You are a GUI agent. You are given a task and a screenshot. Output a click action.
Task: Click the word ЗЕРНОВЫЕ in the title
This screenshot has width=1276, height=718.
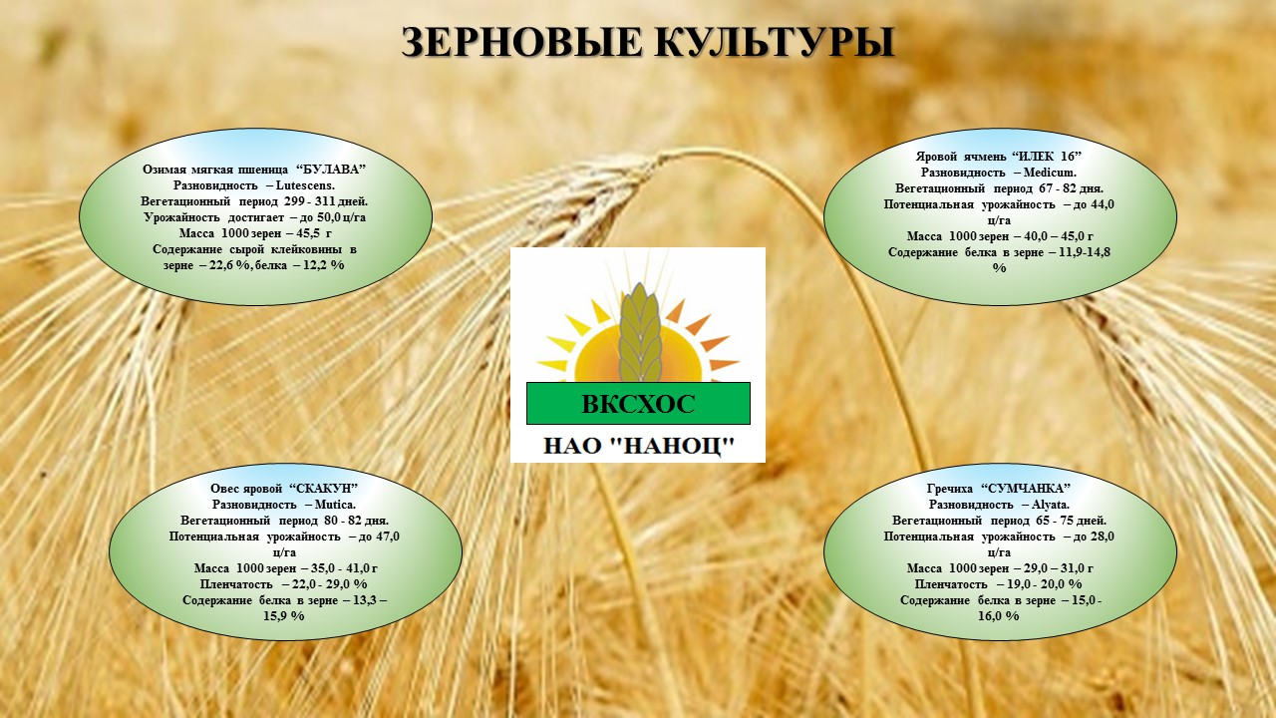click(x=521, y=42)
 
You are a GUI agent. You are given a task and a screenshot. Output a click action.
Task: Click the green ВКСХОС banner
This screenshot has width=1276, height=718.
click(x=638, y=404)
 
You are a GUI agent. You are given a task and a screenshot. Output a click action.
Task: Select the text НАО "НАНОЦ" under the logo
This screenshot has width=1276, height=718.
click(x=639, y=446)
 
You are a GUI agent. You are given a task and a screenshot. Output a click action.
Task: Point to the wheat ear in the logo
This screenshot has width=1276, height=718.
click(x=640, y=333)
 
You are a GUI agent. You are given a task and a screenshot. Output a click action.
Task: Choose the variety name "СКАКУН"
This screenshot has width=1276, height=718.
click(x=324, y=489)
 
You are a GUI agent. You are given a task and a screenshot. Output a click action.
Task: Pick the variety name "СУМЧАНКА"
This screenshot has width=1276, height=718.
click(x=1026, y=489)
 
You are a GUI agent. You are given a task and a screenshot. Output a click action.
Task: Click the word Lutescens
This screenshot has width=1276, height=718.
click(x=305, y=185)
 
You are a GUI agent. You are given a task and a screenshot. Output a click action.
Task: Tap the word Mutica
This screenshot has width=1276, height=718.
click(x=335, y=505)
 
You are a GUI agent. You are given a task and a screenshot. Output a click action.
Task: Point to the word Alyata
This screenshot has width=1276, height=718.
click(x=1051, y=505)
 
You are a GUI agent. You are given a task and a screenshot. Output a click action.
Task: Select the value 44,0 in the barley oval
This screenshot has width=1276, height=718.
click(x=1103, y=204)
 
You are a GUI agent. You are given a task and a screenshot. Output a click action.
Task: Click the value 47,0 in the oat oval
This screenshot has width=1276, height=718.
click(x=388, y=537)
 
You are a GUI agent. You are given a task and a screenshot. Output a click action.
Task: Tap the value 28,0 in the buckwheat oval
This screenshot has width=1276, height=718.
click(x=1103, y=537)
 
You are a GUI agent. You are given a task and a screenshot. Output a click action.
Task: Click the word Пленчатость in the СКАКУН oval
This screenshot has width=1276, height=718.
click(x=236, y=584)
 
